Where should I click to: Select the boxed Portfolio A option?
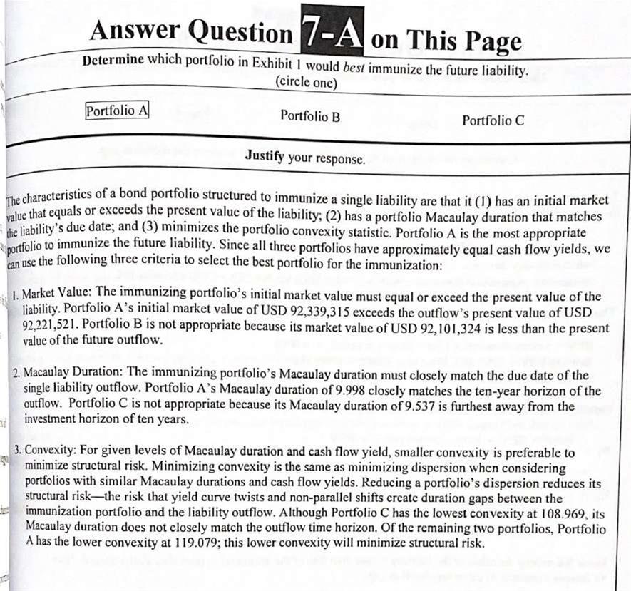[117, 111]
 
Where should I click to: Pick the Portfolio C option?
[493, 120]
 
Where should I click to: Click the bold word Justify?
[265, 155]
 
